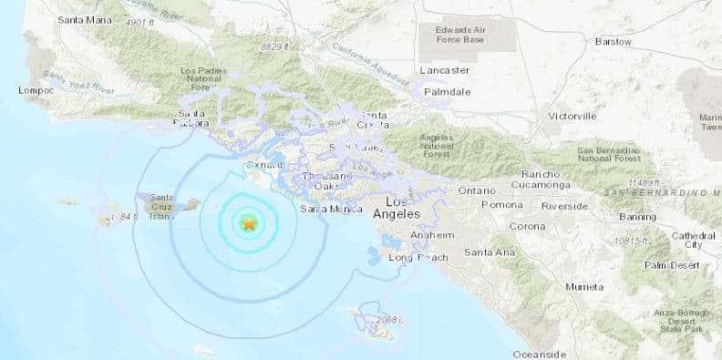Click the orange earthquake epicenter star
click(248, 222)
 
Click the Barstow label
click(613, 41)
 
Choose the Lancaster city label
click(445, 70)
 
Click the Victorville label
click(572, 116)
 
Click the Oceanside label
click(539, 354)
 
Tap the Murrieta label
click(584, 286)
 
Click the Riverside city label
click(564, 206)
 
